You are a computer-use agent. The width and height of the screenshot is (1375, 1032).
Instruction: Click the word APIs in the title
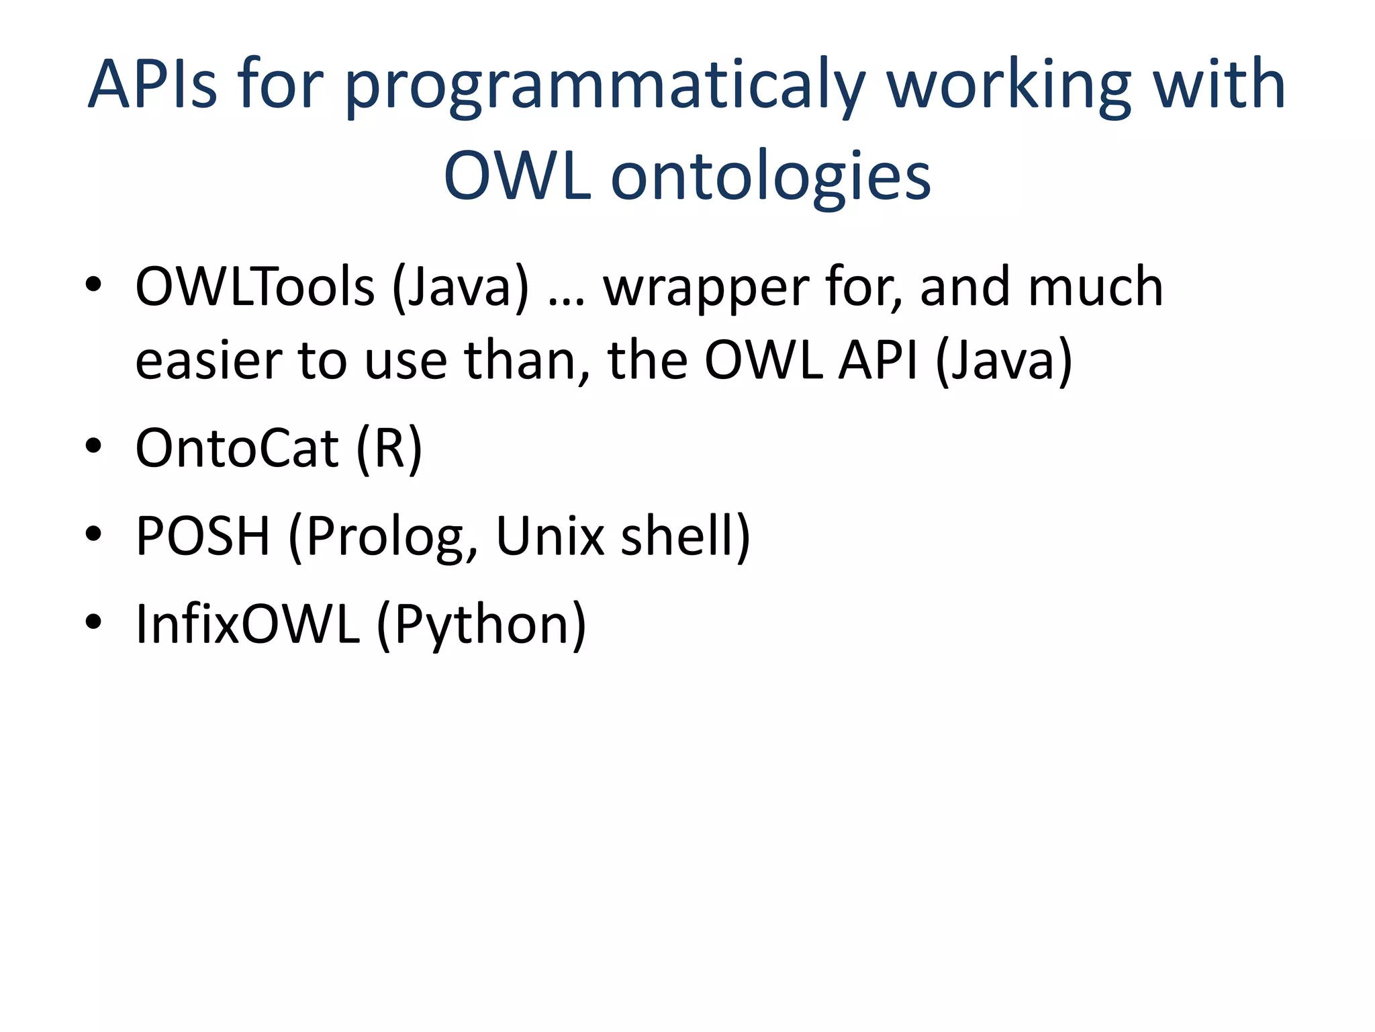(x=153, y=85)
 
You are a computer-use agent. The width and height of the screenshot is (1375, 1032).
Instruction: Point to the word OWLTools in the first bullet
(x=254, y=288)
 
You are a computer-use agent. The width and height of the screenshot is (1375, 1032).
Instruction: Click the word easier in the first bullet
(x=208, y=361)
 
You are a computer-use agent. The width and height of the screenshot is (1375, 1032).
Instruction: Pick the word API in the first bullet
(x=878, y=361)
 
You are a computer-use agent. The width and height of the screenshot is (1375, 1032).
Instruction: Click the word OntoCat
(x=236, y=449)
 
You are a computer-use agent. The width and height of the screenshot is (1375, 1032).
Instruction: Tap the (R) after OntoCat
(x=389, y=449)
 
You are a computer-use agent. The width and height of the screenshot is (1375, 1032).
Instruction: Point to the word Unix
(x=549, y=536)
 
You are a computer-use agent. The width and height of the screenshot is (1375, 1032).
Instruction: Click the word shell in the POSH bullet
(x=678, y=536)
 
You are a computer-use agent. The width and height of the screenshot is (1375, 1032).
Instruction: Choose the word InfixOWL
(x=247, y=625)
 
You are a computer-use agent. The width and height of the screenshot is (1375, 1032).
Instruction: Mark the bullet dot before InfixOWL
(x=93, y=622)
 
